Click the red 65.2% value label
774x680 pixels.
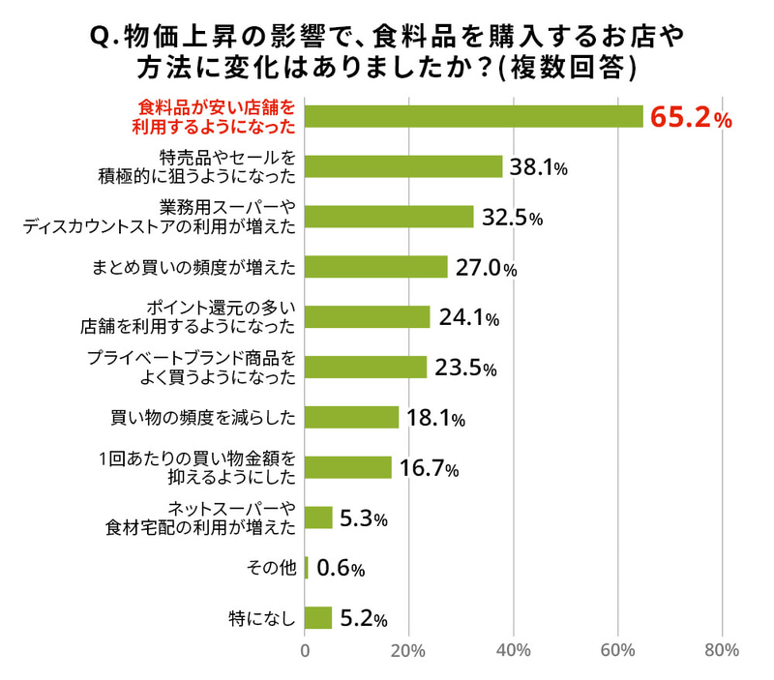[x=690, y=118]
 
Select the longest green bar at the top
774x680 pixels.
[x=474, y=116]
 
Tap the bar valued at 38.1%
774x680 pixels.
[x=404, y=166]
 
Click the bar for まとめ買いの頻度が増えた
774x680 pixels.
[x=376, y=267]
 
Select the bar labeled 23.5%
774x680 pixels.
[x=366, y=368]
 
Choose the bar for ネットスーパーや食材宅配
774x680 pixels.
[x=319, y=517]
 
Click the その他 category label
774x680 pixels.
[x=274, y=568]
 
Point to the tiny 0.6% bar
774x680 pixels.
[x=307, y=568]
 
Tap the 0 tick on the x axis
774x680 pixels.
[x=306, y=650]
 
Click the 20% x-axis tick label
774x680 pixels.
[x=409, y=650]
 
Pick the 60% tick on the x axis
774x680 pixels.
[x=617, y=650]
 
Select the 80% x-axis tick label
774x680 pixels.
[x=722, y=650]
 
